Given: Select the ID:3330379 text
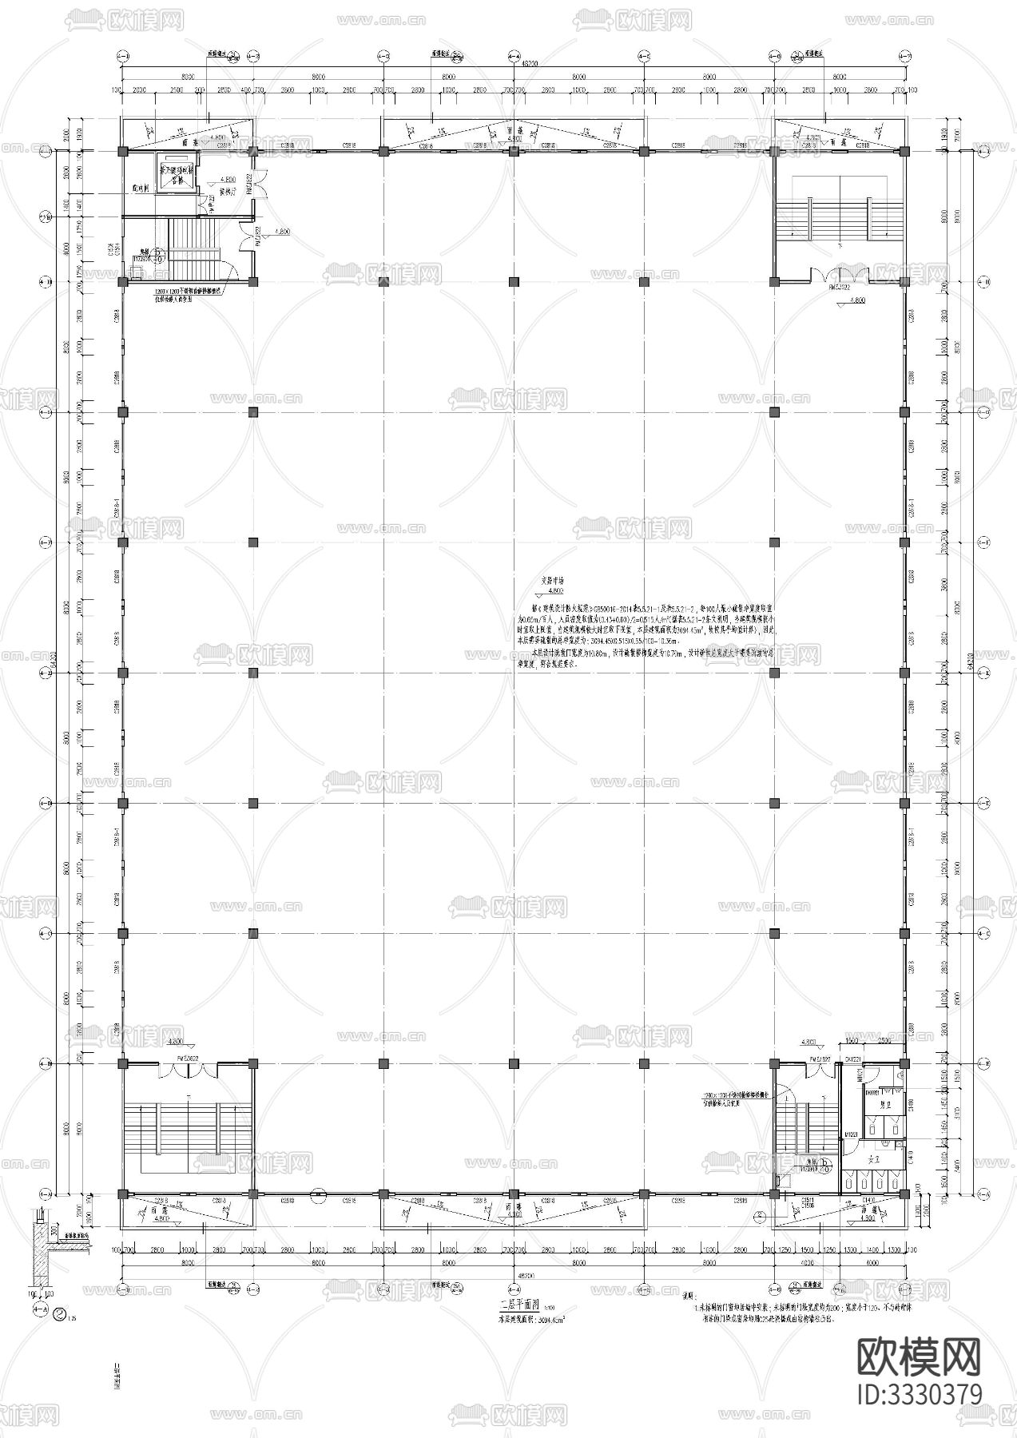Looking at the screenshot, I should [x=919, y=1394].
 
